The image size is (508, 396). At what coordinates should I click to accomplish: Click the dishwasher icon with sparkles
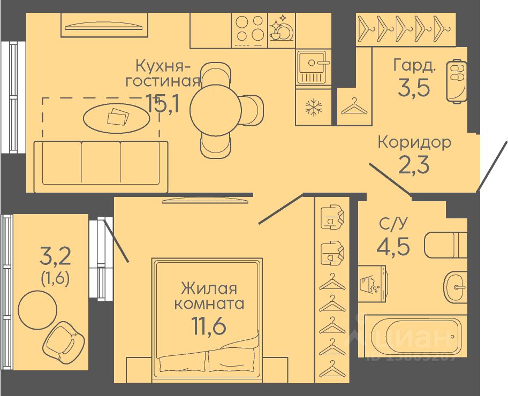tap(281, 28)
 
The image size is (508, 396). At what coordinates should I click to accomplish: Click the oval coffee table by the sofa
tap(116, 116)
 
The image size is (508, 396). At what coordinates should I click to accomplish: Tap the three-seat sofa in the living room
tap(101, 166)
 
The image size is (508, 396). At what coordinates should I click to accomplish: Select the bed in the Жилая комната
tap(208, 316)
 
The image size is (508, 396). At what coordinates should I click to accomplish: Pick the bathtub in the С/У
tap(412, 336)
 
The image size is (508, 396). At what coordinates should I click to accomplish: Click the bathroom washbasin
tap(456, 286)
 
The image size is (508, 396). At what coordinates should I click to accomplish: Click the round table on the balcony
tap(37, 309)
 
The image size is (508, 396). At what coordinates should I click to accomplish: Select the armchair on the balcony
tap(63, 341)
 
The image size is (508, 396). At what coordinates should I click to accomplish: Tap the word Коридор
tap(414, 142)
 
